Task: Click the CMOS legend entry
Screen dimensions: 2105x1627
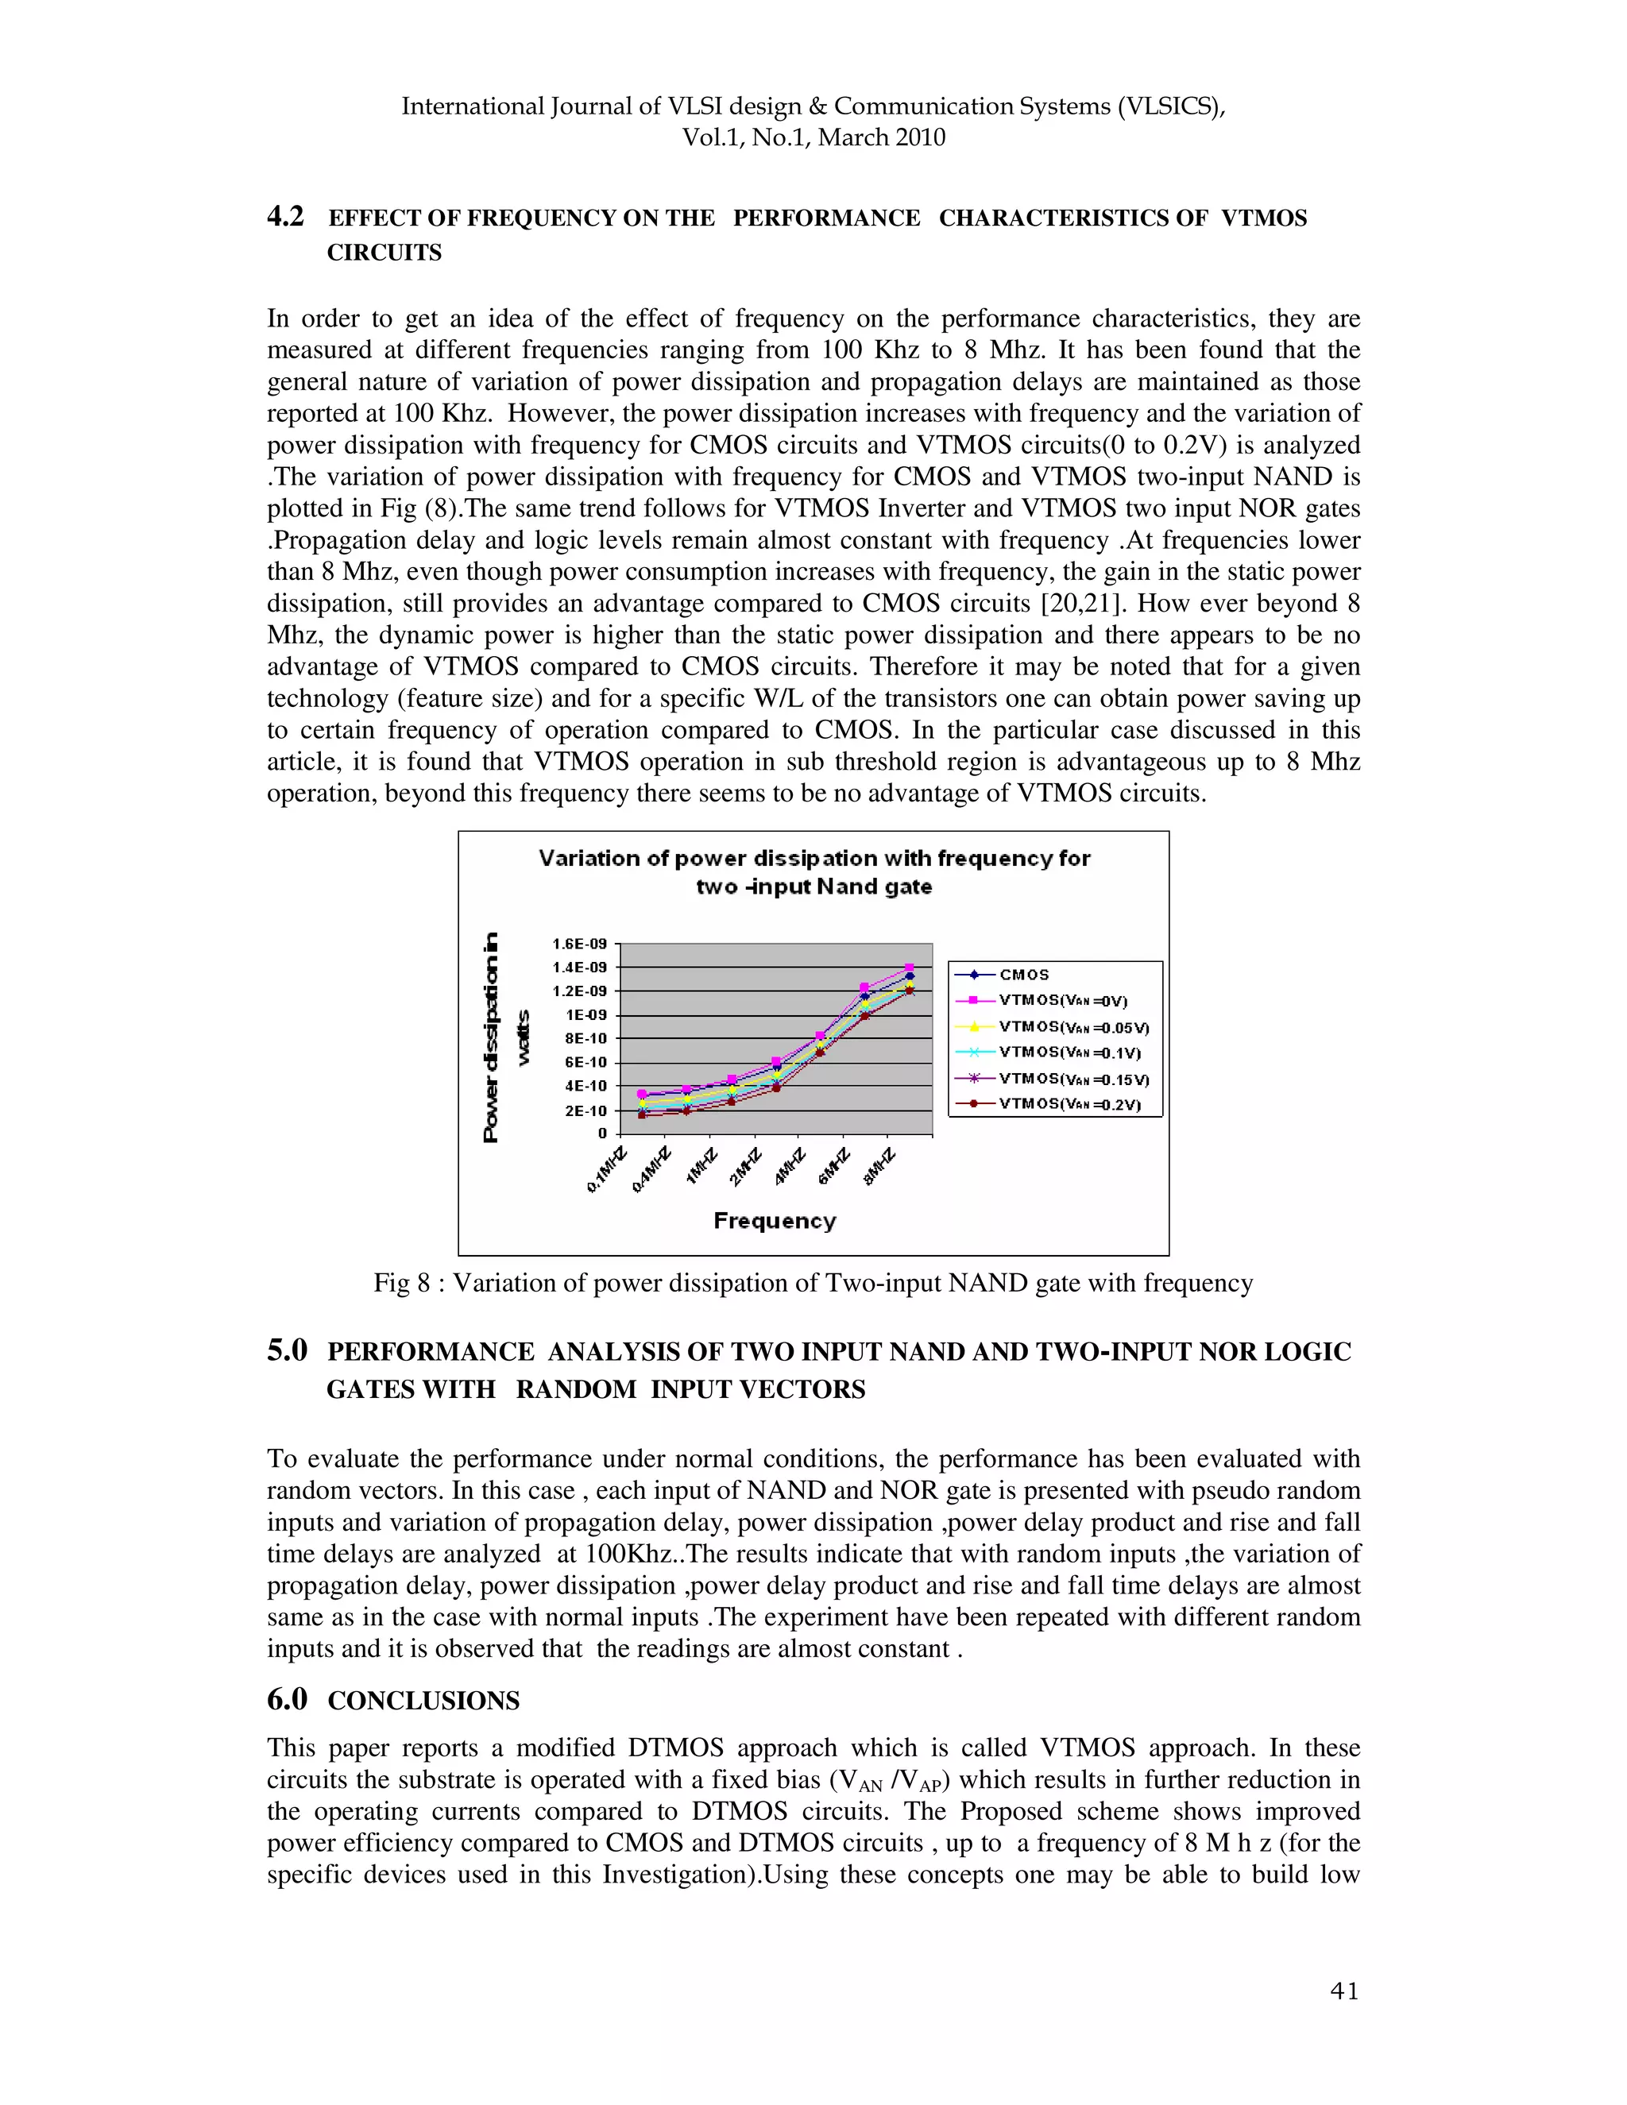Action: point(1023,975)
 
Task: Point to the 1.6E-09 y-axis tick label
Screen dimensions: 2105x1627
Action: point(579,944)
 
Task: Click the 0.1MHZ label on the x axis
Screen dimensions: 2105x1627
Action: point(606,1170)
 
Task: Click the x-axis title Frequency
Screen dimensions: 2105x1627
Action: point(774,1221)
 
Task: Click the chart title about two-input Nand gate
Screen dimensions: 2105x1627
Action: point(813,871)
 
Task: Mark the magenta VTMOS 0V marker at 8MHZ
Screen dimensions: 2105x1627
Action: point(909,968)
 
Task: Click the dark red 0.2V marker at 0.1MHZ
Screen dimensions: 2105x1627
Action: point(642,1115)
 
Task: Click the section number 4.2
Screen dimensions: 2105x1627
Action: point(285,217)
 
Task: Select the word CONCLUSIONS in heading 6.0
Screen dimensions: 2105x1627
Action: point(423,1701)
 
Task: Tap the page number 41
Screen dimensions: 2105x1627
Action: point(1343,1991)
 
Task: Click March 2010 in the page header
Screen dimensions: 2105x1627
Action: point(881,138)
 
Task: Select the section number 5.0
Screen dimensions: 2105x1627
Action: point(288,1351)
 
